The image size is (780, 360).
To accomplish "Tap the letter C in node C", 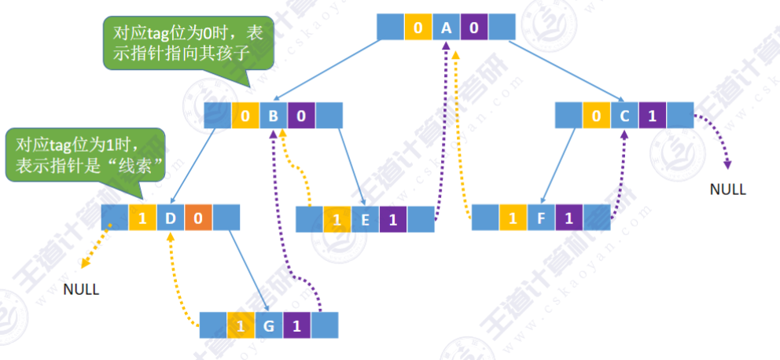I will click(x=624, y=116).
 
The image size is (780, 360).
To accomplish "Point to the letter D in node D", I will click(x=170, y=217).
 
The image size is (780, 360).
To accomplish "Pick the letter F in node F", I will click(x=540, y=218).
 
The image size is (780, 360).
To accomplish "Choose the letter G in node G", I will click(x=268, y=325).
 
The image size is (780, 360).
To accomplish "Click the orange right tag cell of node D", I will click(x=198, y=217).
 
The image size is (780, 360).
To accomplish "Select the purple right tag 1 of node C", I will click(x=652, y=116).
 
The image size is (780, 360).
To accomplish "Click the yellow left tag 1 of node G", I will click(x=240, y=325).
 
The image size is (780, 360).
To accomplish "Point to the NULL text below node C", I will click(x=727, y=189).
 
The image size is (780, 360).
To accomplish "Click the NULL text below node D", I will click(x=81, y=289).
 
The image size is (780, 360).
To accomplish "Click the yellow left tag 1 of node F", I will click(x=513, y=218).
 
